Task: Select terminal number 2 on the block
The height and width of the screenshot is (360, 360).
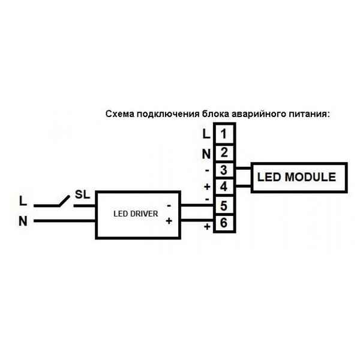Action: [223, 152]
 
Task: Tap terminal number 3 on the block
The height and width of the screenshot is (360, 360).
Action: [223, 170]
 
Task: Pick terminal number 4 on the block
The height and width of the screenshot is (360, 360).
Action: [223, 187]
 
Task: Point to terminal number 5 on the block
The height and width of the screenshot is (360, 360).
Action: [223, 206]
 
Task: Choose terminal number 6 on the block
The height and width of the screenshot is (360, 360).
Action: [223, 224]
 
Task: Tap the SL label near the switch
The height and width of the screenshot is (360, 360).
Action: [82, 196]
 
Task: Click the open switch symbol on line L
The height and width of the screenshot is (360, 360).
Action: [60, 201]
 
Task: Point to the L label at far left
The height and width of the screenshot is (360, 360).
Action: [23, 199]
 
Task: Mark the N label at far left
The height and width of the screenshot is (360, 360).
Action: [23, 221]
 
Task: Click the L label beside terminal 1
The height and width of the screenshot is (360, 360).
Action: [206, 133]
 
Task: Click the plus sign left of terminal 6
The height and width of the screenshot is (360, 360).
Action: [207, 227]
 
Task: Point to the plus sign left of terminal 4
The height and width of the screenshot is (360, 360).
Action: [207, 187]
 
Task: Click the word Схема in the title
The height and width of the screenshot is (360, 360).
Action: [119, 113]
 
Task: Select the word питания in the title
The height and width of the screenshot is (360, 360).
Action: [310, 113]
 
